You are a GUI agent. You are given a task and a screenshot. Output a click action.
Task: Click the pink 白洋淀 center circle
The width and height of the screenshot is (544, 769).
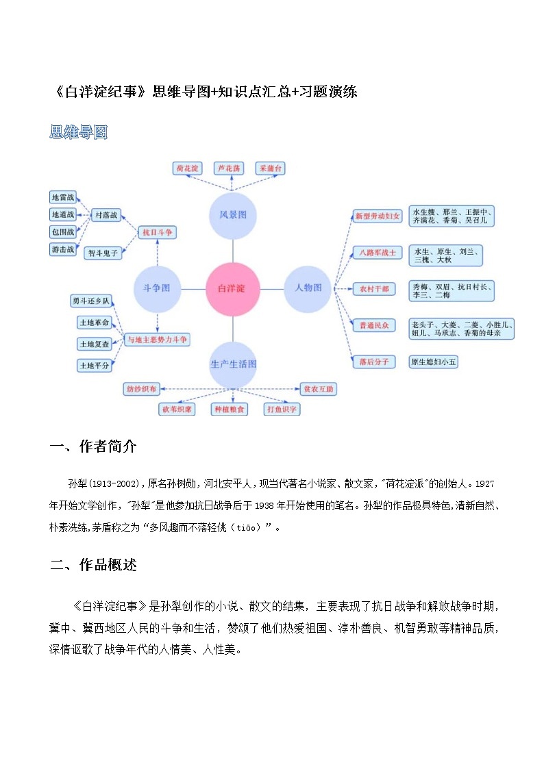coord(233,288)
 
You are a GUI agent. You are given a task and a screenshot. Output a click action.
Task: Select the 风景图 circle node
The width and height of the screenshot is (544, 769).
coord(233,215)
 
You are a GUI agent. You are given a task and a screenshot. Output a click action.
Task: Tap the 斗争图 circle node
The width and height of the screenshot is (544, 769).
coord(157,288)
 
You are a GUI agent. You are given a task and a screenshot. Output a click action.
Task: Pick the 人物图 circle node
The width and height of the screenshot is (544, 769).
coord(308,288)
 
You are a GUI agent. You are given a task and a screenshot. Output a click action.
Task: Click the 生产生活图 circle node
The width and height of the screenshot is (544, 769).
coord(233,364)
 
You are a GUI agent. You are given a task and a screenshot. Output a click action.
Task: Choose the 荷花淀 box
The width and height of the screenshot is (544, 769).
coord(187,168)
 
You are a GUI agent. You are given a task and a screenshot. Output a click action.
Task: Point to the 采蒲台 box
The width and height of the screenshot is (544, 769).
coord(270,168)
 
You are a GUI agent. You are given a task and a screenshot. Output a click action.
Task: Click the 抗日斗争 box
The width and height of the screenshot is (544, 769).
coord(157,233)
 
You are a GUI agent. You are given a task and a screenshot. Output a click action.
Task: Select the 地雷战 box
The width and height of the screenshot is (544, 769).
coord(63,197)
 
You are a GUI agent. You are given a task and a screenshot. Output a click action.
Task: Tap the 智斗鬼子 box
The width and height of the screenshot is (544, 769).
coord(103,253)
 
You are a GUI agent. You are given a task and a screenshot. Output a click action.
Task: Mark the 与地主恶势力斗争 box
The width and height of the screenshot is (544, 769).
coord(158,339)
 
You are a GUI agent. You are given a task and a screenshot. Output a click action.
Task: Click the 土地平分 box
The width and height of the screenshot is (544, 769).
coord(94,366)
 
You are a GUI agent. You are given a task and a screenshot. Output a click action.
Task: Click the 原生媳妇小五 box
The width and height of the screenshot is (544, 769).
coord(432,362)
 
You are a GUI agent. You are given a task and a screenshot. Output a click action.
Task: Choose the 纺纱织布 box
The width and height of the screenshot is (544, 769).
coord(141,389)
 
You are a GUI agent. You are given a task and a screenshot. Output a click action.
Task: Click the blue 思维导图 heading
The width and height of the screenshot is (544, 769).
coord(79,132)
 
